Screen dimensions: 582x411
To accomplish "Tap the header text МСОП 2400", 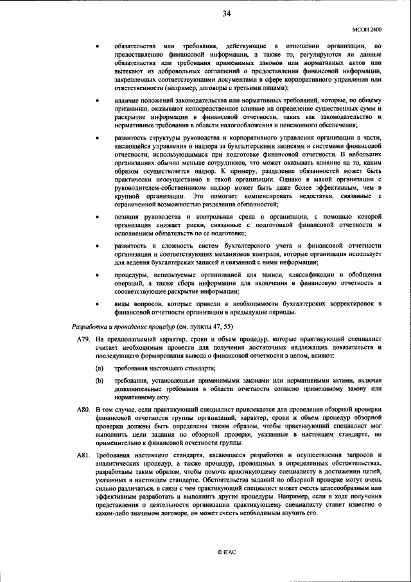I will tap(367, 29).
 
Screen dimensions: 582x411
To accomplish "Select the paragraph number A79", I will tap(82, 338).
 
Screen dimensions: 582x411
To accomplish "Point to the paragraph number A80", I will tap(82, 410).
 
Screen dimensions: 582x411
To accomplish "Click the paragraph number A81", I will tap(82, 455).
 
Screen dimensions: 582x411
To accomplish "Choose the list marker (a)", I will tap(100, 368).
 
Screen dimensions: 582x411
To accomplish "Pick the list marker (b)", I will tap(100, 381).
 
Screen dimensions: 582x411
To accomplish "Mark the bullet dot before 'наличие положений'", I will tap(96, 100).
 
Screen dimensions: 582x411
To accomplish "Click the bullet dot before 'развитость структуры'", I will tap(96, 138).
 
